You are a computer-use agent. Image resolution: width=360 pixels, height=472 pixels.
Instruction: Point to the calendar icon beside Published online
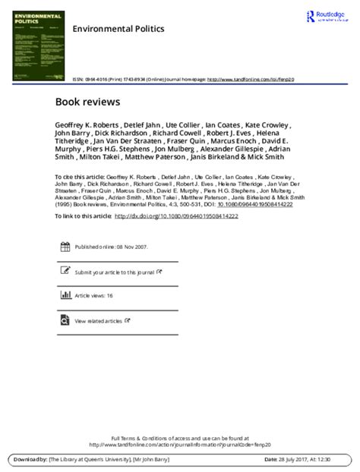[x=65, y=247]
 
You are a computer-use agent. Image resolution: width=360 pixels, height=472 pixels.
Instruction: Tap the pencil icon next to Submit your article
[x=65, y=271]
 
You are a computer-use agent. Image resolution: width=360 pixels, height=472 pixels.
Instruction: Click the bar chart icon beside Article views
[x=65, y=296]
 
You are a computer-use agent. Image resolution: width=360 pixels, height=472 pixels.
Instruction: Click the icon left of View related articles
[x=65, y=320]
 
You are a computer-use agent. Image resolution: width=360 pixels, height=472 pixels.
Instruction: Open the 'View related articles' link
[x=98, y=321]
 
